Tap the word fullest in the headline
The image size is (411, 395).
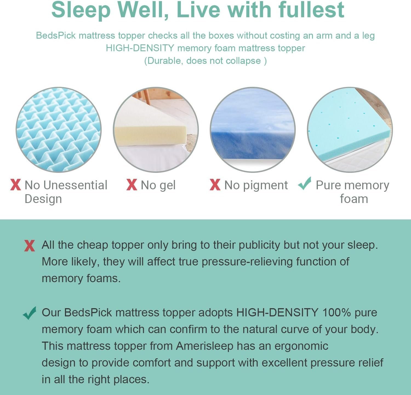(x=311, y=10)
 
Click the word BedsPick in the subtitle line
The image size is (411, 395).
(x=56, y=36)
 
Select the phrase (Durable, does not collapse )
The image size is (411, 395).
(x=206, y=61)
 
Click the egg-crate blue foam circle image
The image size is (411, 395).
(x=59, y=130)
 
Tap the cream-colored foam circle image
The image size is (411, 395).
(x=156, y=130)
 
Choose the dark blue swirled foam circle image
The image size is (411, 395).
(x=252, y=130)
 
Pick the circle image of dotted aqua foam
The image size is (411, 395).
(x=350, y=130)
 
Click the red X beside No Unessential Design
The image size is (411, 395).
(x=16, y=185)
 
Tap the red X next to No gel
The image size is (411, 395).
(x=132, y=185)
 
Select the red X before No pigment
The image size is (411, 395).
(x=215, y=185)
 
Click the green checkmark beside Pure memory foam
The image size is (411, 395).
(x=305, y=184)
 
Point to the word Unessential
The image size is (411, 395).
(x=75, y=185)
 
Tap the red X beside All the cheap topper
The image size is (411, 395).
(x=29, y=246)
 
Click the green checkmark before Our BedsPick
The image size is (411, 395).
(x=30, y=313)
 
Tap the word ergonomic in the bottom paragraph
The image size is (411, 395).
(x=301, y=346)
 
